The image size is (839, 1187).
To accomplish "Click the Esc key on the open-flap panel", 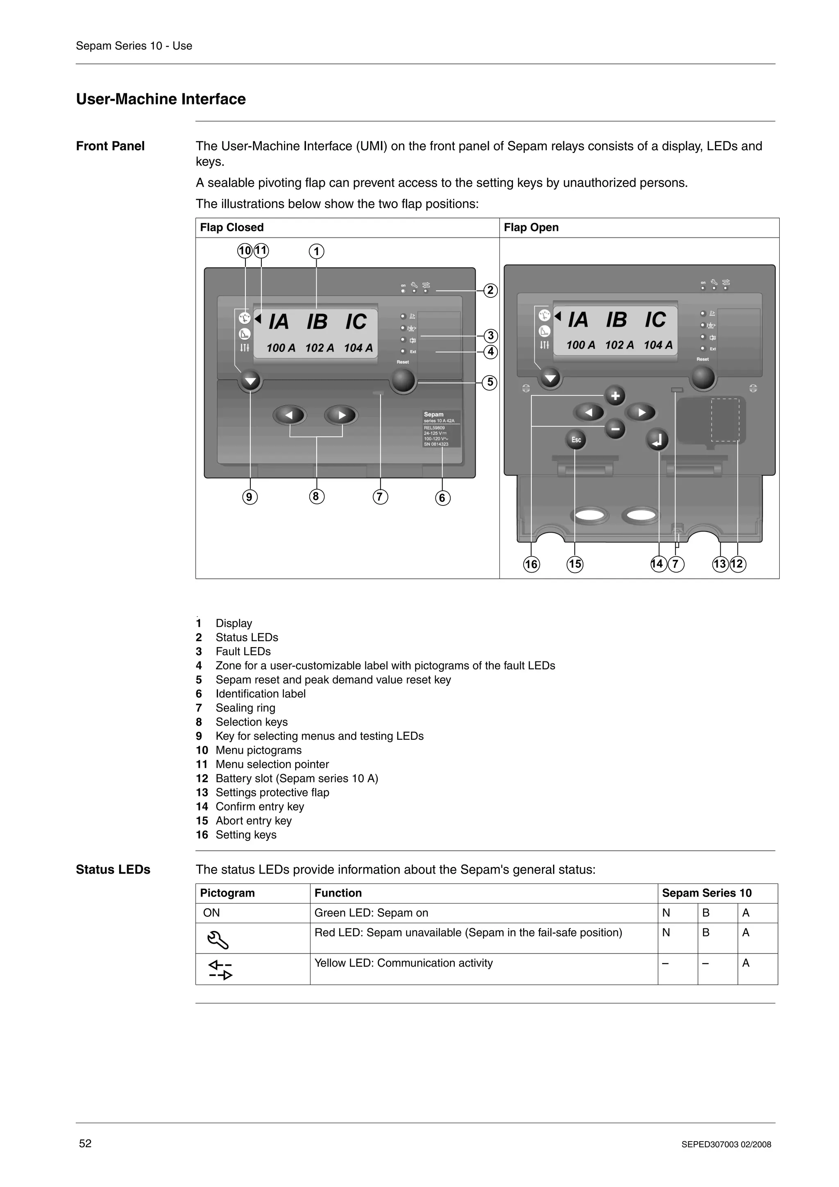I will pyautogui.click(x=576, y=440).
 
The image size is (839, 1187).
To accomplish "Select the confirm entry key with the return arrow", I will pyautogui.click(x=657, y=440).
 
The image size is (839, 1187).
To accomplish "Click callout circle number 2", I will pyautogui.click(x=490, y=290).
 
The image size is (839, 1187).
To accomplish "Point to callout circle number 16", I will pyautogui.click(x=531, y=564).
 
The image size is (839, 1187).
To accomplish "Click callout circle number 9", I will pyautogui.click(x=249, y=497).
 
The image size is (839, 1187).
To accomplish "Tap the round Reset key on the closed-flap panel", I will pyautogui.click(x=403, y=381).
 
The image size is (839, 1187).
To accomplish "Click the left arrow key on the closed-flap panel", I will pyautogui.click(x=290, y=415).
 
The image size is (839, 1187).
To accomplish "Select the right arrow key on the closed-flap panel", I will pyautogui.click(x=341, y=415).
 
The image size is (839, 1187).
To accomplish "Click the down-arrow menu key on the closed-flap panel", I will pyautogui.click(x=251, y=382).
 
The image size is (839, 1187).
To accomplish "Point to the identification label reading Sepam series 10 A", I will pyautogui.click(x=442, y=429).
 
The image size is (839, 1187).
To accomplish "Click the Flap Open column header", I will pyautogui.click(x=531, y=227).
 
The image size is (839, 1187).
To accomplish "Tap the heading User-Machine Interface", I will pyautogui.click(x=161, y=99).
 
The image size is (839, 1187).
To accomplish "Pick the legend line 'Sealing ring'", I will pyautogui.click(x=245, y=708).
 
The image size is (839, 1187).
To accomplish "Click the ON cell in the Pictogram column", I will pyautogui.click(x=211, y=913).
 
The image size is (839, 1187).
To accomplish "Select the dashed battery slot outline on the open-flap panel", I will pyautogui.click(x=725, y=420).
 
